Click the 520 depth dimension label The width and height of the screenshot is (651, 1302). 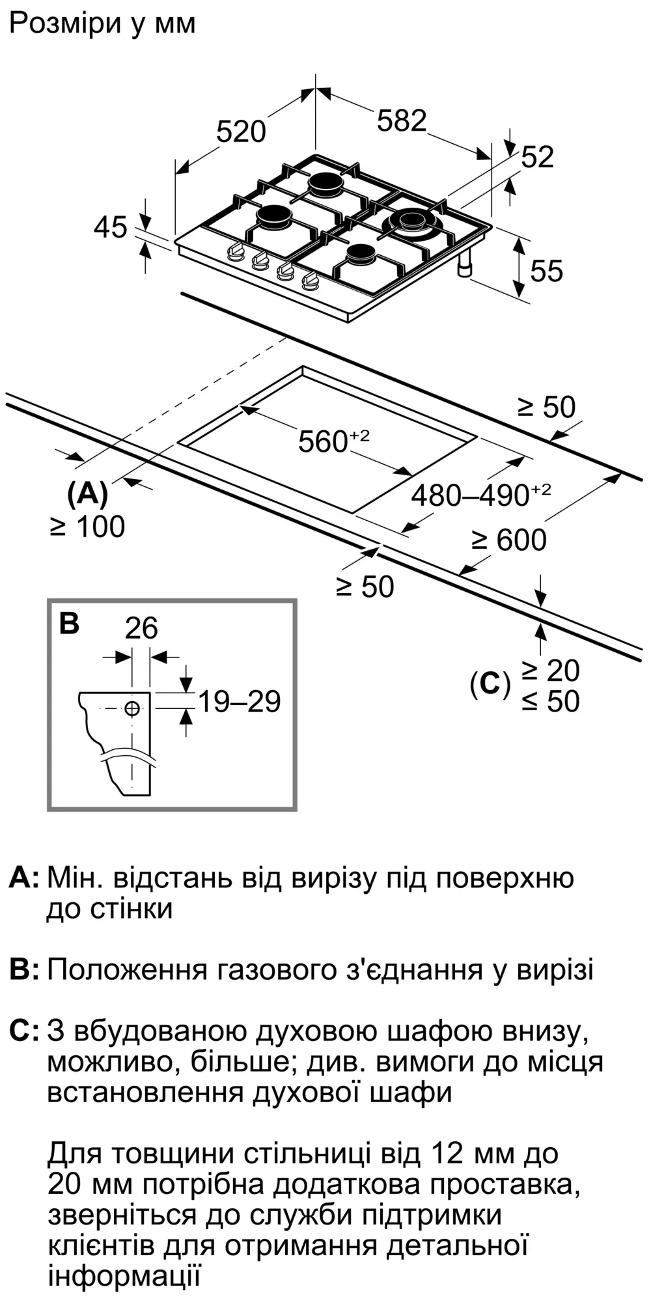[241, 132]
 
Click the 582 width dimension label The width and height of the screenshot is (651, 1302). [402, 121]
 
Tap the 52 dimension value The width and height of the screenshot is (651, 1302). [537, 157]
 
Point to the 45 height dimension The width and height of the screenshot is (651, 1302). [110, 228]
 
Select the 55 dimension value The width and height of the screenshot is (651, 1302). [546, 270]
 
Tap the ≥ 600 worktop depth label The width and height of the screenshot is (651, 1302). [509, 540]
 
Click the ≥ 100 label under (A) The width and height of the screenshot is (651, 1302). [87, 527]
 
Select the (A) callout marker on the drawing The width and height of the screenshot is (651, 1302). [87, 494]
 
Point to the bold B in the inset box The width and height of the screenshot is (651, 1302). [69, 623]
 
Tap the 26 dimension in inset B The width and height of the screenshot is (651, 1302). [141, 628]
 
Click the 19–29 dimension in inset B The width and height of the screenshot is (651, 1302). [239, 702]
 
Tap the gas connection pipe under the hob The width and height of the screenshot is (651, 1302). [465, 266]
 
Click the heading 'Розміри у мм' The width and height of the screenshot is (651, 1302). [102, 24]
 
